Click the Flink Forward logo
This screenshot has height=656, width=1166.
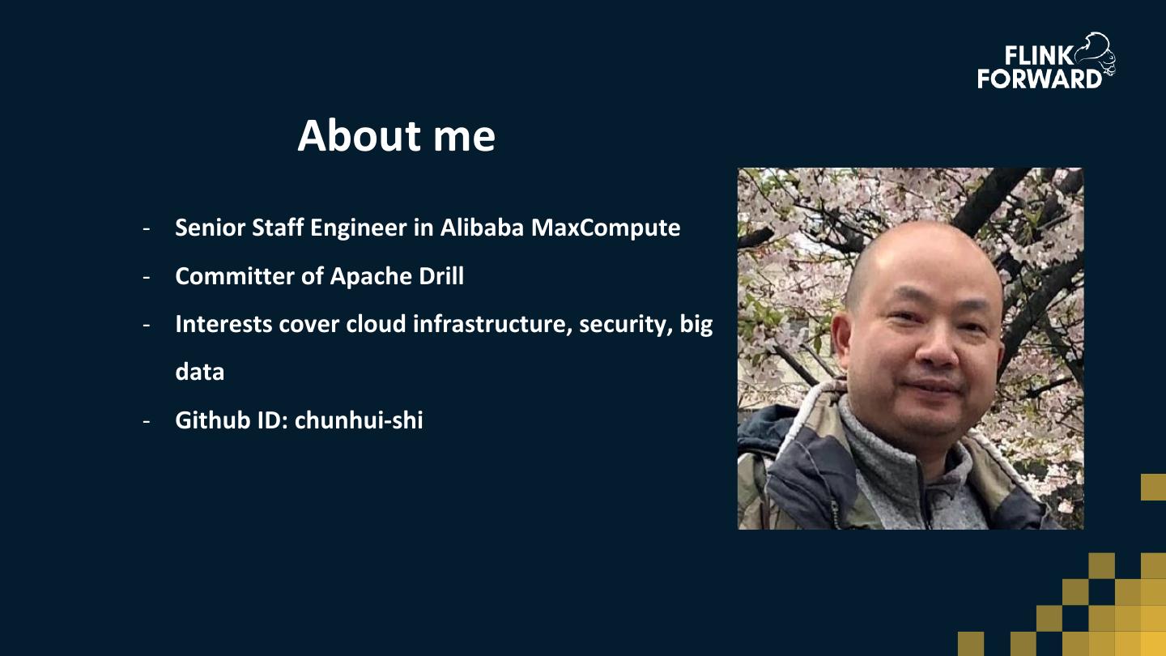pyautogui.click(x=1046, y=62)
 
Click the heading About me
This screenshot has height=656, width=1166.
pyautogui.click(x=396, y=135)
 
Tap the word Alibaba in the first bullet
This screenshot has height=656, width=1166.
pyautogui.click(x=483, y=228)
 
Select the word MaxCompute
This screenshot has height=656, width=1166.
pyautogui.click(x=606, y=228)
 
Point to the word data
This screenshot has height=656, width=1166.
pyautogui.click(x=199, y=372)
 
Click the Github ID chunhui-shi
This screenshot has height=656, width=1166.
pyautogui.click(x=359, y=420)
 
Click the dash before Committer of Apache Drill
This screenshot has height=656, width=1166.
pyautogui.click(x=147, y=277)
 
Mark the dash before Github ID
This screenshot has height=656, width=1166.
pyautogui.click(x=147, y=421)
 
